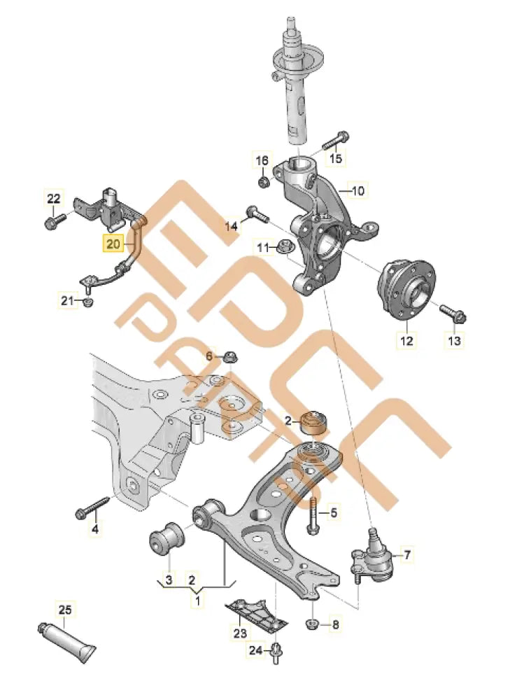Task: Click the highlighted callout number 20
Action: coord(113,244)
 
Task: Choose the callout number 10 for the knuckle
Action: coord(357,190)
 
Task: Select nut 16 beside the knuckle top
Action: coord(264,183)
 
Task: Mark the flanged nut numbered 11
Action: coord(285,246)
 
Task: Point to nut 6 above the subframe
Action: coord(229,356)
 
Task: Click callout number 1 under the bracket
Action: coord(197,600)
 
